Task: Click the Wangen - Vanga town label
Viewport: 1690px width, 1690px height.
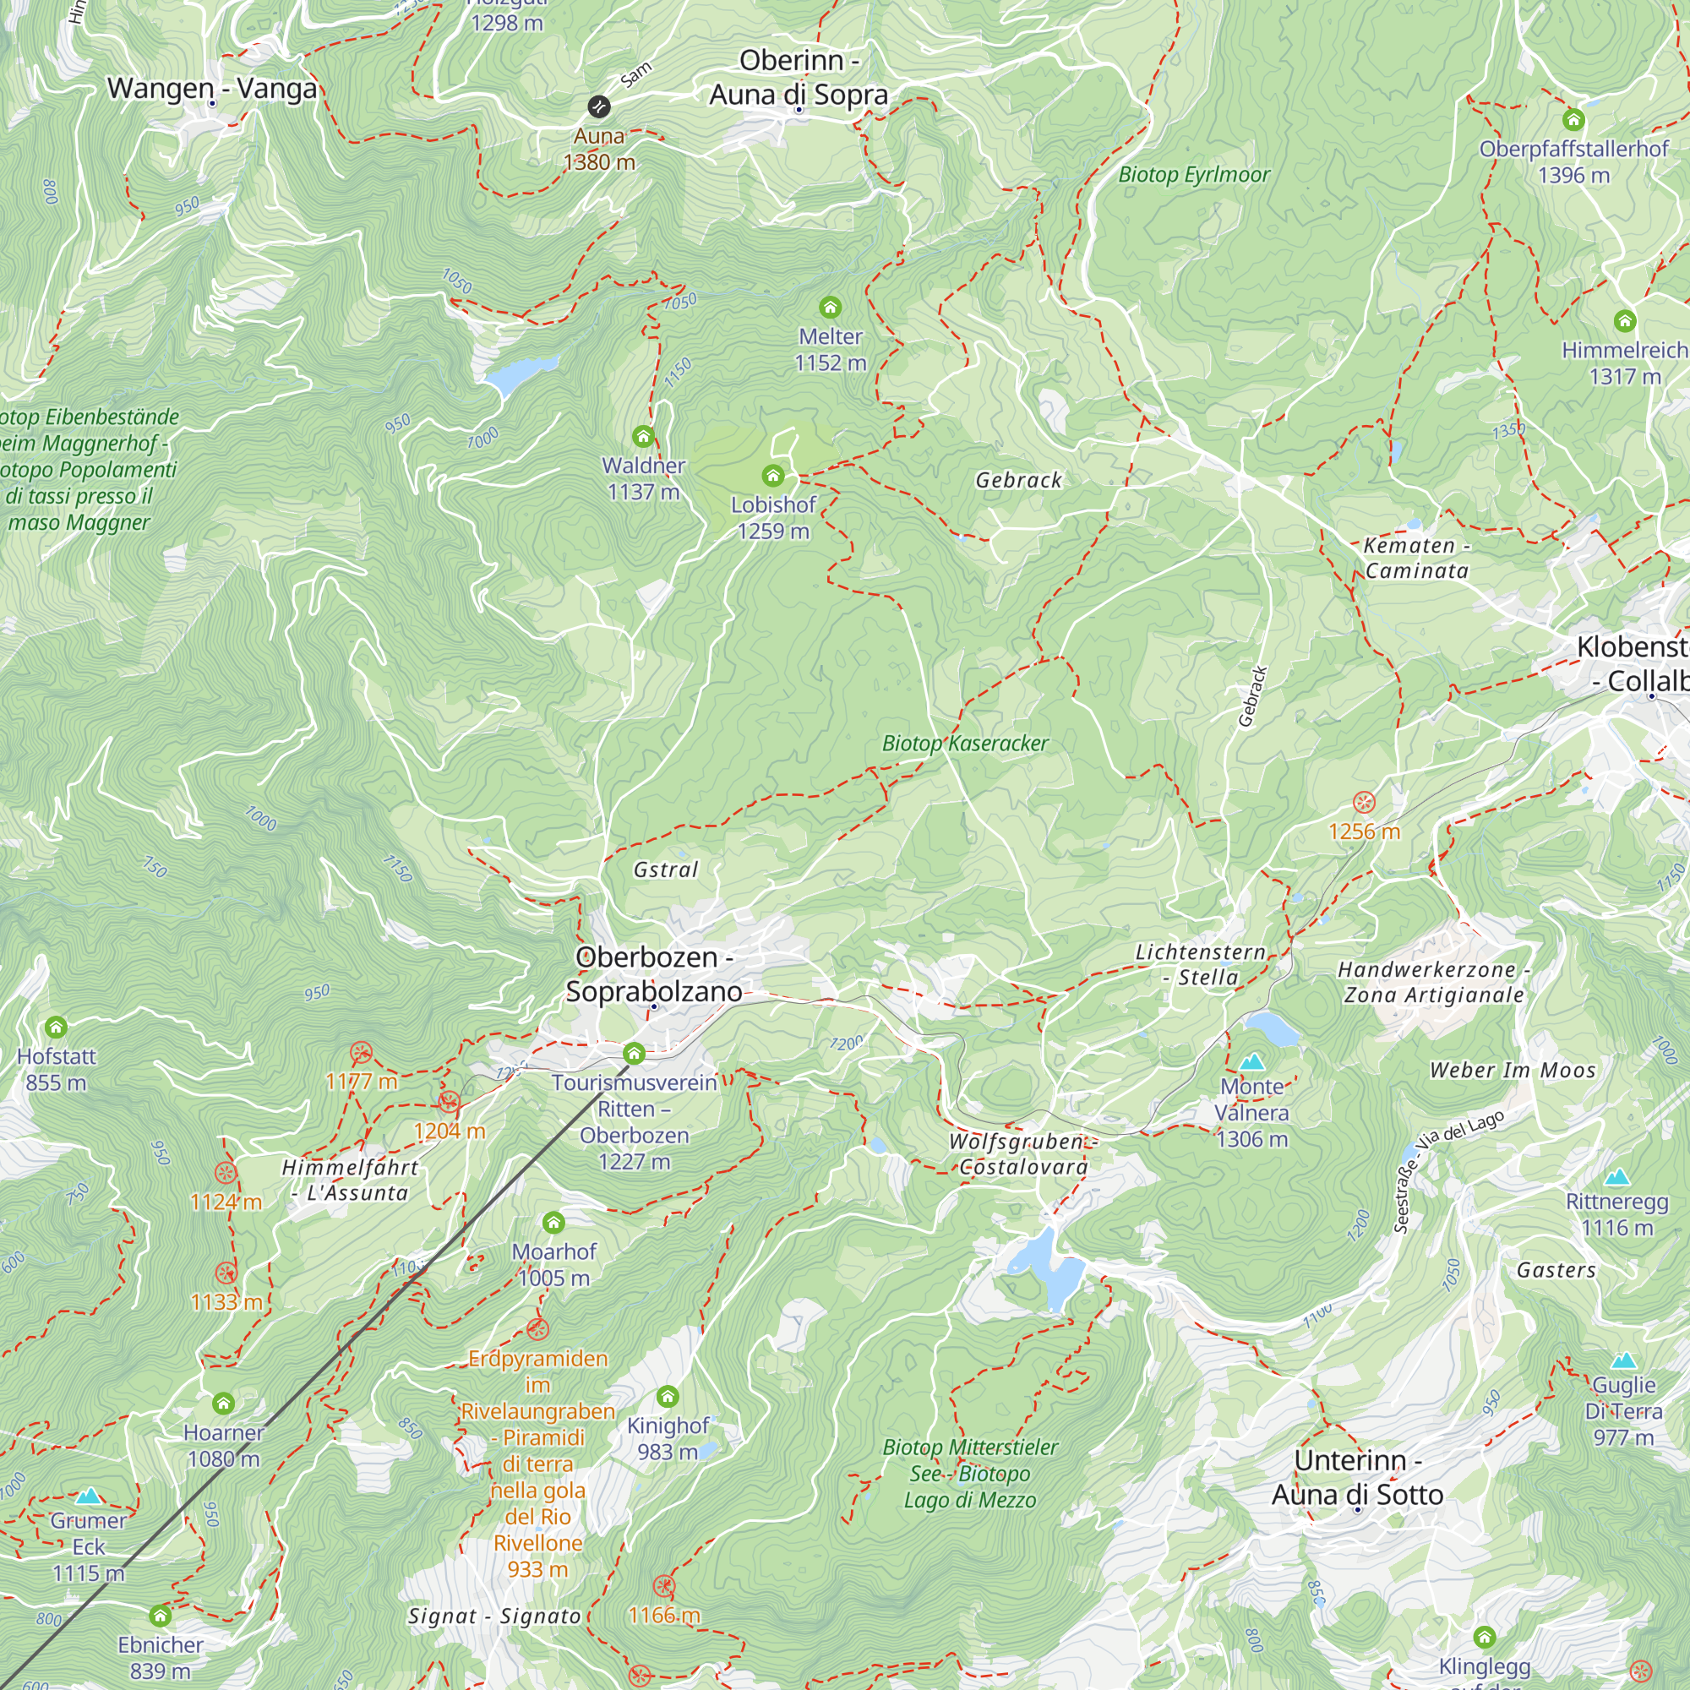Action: [x=212, y=89]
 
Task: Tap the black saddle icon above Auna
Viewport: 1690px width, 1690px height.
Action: [x=598, y=106]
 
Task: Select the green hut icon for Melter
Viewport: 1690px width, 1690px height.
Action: [x=829, y=307]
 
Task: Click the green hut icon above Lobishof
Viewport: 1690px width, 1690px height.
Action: [x=772, y=476]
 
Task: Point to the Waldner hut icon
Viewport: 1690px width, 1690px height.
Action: [x=643, y=437]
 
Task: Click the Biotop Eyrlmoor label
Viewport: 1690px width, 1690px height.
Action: [x=1193, y=175]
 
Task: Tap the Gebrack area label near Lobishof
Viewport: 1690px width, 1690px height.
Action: [x=1018, y=480]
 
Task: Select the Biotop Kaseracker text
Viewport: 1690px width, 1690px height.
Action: [x=964, y=744]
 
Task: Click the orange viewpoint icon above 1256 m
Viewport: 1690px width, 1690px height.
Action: [x=1364, y=802]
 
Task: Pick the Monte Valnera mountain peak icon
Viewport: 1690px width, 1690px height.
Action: [x=1251, y=1063]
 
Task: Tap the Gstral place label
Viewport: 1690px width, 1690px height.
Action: [x=666, y=870]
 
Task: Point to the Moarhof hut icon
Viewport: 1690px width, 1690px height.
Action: [x=553, y=1222]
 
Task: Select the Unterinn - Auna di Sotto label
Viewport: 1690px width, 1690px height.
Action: [x=1357, y=1476]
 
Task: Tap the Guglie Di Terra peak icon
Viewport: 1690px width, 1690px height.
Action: [x=1623, y=1360]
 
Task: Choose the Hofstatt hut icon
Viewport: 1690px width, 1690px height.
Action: [x=56, y=1027]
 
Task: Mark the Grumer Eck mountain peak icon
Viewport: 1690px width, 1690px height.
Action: [x=89, y=1496]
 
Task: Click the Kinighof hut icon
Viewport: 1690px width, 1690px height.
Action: [x=668, y=1396]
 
